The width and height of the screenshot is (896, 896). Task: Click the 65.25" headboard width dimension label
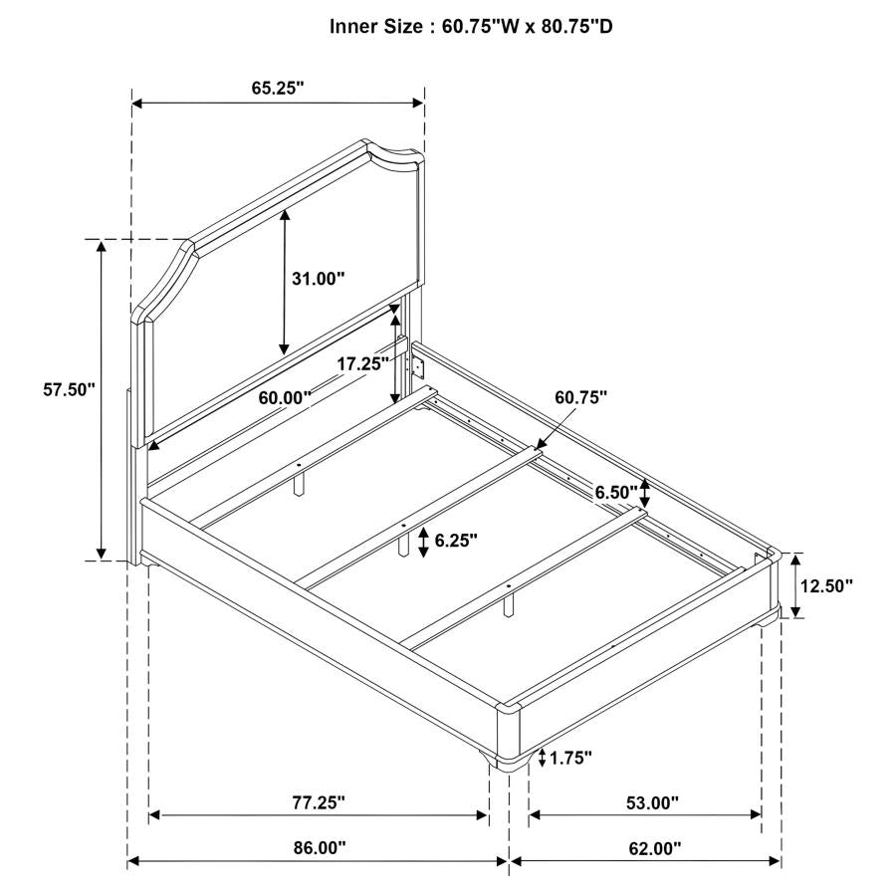(278, 88)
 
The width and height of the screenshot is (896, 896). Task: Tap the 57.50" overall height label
(69, 389)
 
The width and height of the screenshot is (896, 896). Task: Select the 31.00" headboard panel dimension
(319, 279)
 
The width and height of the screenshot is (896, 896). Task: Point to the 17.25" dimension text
(362, 363)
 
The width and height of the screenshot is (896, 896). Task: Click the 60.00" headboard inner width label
(285, 397)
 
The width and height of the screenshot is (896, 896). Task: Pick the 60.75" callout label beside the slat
(581, 397)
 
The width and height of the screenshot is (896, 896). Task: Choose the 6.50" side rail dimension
(616, 492)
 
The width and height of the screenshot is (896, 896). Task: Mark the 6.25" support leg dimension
(456, 540)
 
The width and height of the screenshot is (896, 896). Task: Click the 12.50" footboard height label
(826, 585)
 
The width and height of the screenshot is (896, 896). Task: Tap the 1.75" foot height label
(570, 759)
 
